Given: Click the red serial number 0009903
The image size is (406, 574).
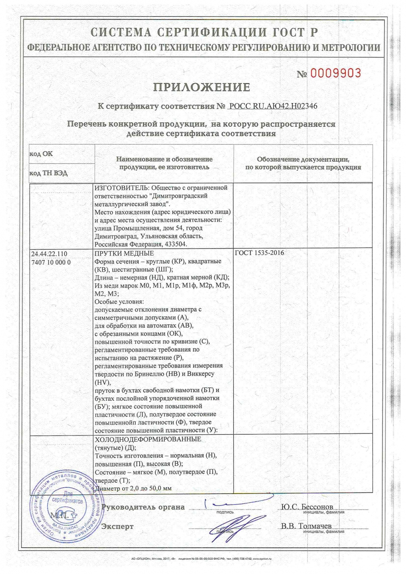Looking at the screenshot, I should point(335,73).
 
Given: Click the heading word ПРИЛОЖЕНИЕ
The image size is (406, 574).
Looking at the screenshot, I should point(202,87).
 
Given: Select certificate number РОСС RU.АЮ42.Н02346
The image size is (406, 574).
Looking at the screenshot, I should point(273,106).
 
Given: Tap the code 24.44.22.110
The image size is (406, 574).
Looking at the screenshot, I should point(49,254).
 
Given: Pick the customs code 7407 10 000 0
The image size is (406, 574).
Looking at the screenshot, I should point(51,262).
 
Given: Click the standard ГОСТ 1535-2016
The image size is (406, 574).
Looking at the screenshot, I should point(259,253).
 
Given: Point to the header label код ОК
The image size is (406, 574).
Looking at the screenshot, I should point(41,154).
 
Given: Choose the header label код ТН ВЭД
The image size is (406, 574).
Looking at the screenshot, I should point(48,173).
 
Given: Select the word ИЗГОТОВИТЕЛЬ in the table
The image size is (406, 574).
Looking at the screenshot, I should point(120,188).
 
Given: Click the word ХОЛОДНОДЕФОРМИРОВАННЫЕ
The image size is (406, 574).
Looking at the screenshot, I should point(148,440).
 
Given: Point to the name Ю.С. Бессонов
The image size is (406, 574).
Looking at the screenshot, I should point(307,507).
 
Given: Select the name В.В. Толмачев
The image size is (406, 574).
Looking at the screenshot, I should point(306,526).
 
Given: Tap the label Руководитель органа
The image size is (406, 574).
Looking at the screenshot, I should point(143,507).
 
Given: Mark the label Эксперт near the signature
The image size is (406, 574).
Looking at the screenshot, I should point(117,527).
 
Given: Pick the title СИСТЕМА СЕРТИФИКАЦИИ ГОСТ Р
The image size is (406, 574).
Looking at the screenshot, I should point(204,32).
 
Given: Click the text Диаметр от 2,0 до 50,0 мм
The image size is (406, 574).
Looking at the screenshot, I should point(133,488).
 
